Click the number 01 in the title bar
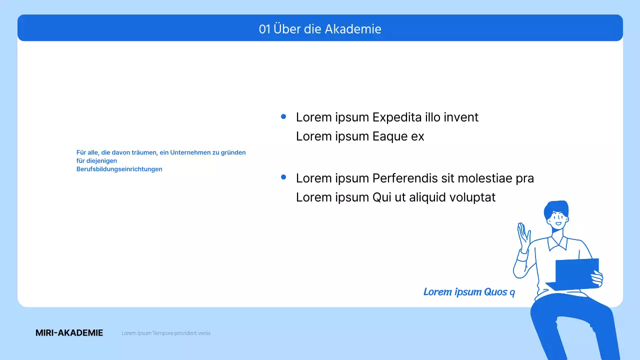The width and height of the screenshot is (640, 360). tap(264, 29)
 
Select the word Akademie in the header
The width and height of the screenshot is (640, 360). tap(353, 29)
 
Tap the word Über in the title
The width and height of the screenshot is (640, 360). tap(285, 29)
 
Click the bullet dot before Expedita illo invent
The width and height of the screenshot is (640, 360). tap(283, 116)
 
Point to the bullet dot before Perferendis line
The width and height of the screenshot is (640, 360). tap(283, 177)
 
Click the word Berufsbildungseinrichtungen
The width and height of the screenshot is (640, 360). tap(119, 169)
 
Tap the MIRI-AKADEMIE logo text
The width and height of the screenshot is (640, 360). tap(69, 333)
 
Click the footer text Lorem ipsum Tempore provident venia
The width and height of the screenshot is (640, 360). tap(165, 333)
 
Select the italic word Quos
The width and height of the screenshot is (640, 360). tap(495, 292)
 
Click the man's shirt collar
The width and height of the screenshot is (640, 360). tap(557, 243)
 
